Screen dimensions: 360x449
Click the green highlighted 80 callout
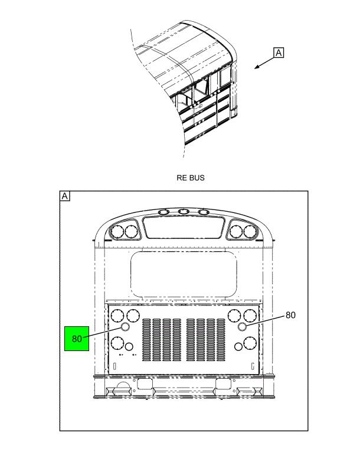click(77, 339)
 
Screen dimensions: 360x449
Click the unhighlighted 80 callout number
click(290, 315)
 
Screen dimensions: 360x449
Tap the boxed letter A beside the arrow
click(279, 53)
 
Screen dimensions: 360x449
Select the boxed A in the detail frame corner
click(65, 196)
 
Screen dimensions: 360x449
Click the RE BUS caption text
click(191, 178)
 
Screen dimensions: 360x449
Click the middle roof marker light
click(184, 212)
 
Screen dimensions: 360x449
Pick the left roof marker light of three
click(164, 212)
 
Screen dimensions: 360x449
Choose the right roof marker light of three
click(204, 212)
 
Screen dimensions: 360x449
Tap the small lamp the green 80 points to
click(126, 327)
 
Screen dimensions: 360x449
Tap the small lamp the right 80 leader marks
click(243, 326)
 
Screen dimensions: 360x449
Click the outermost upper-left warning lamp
click(117, 231)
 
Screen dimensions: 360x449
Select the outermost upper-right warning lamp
click(250, 231)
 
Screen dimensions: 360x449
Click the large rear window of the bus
click(184, 274)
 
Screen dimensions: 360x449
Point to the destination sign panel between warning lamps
click(184, 227)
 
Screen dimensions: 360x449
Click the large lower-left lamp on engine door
click(117, 343)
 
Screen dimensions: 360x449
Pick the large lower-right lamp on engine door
click(250, 343)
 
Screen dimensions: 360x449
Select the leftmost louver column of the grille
click(146, 340)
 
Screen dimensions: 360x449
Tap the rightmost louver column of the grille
click(221, 340)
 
